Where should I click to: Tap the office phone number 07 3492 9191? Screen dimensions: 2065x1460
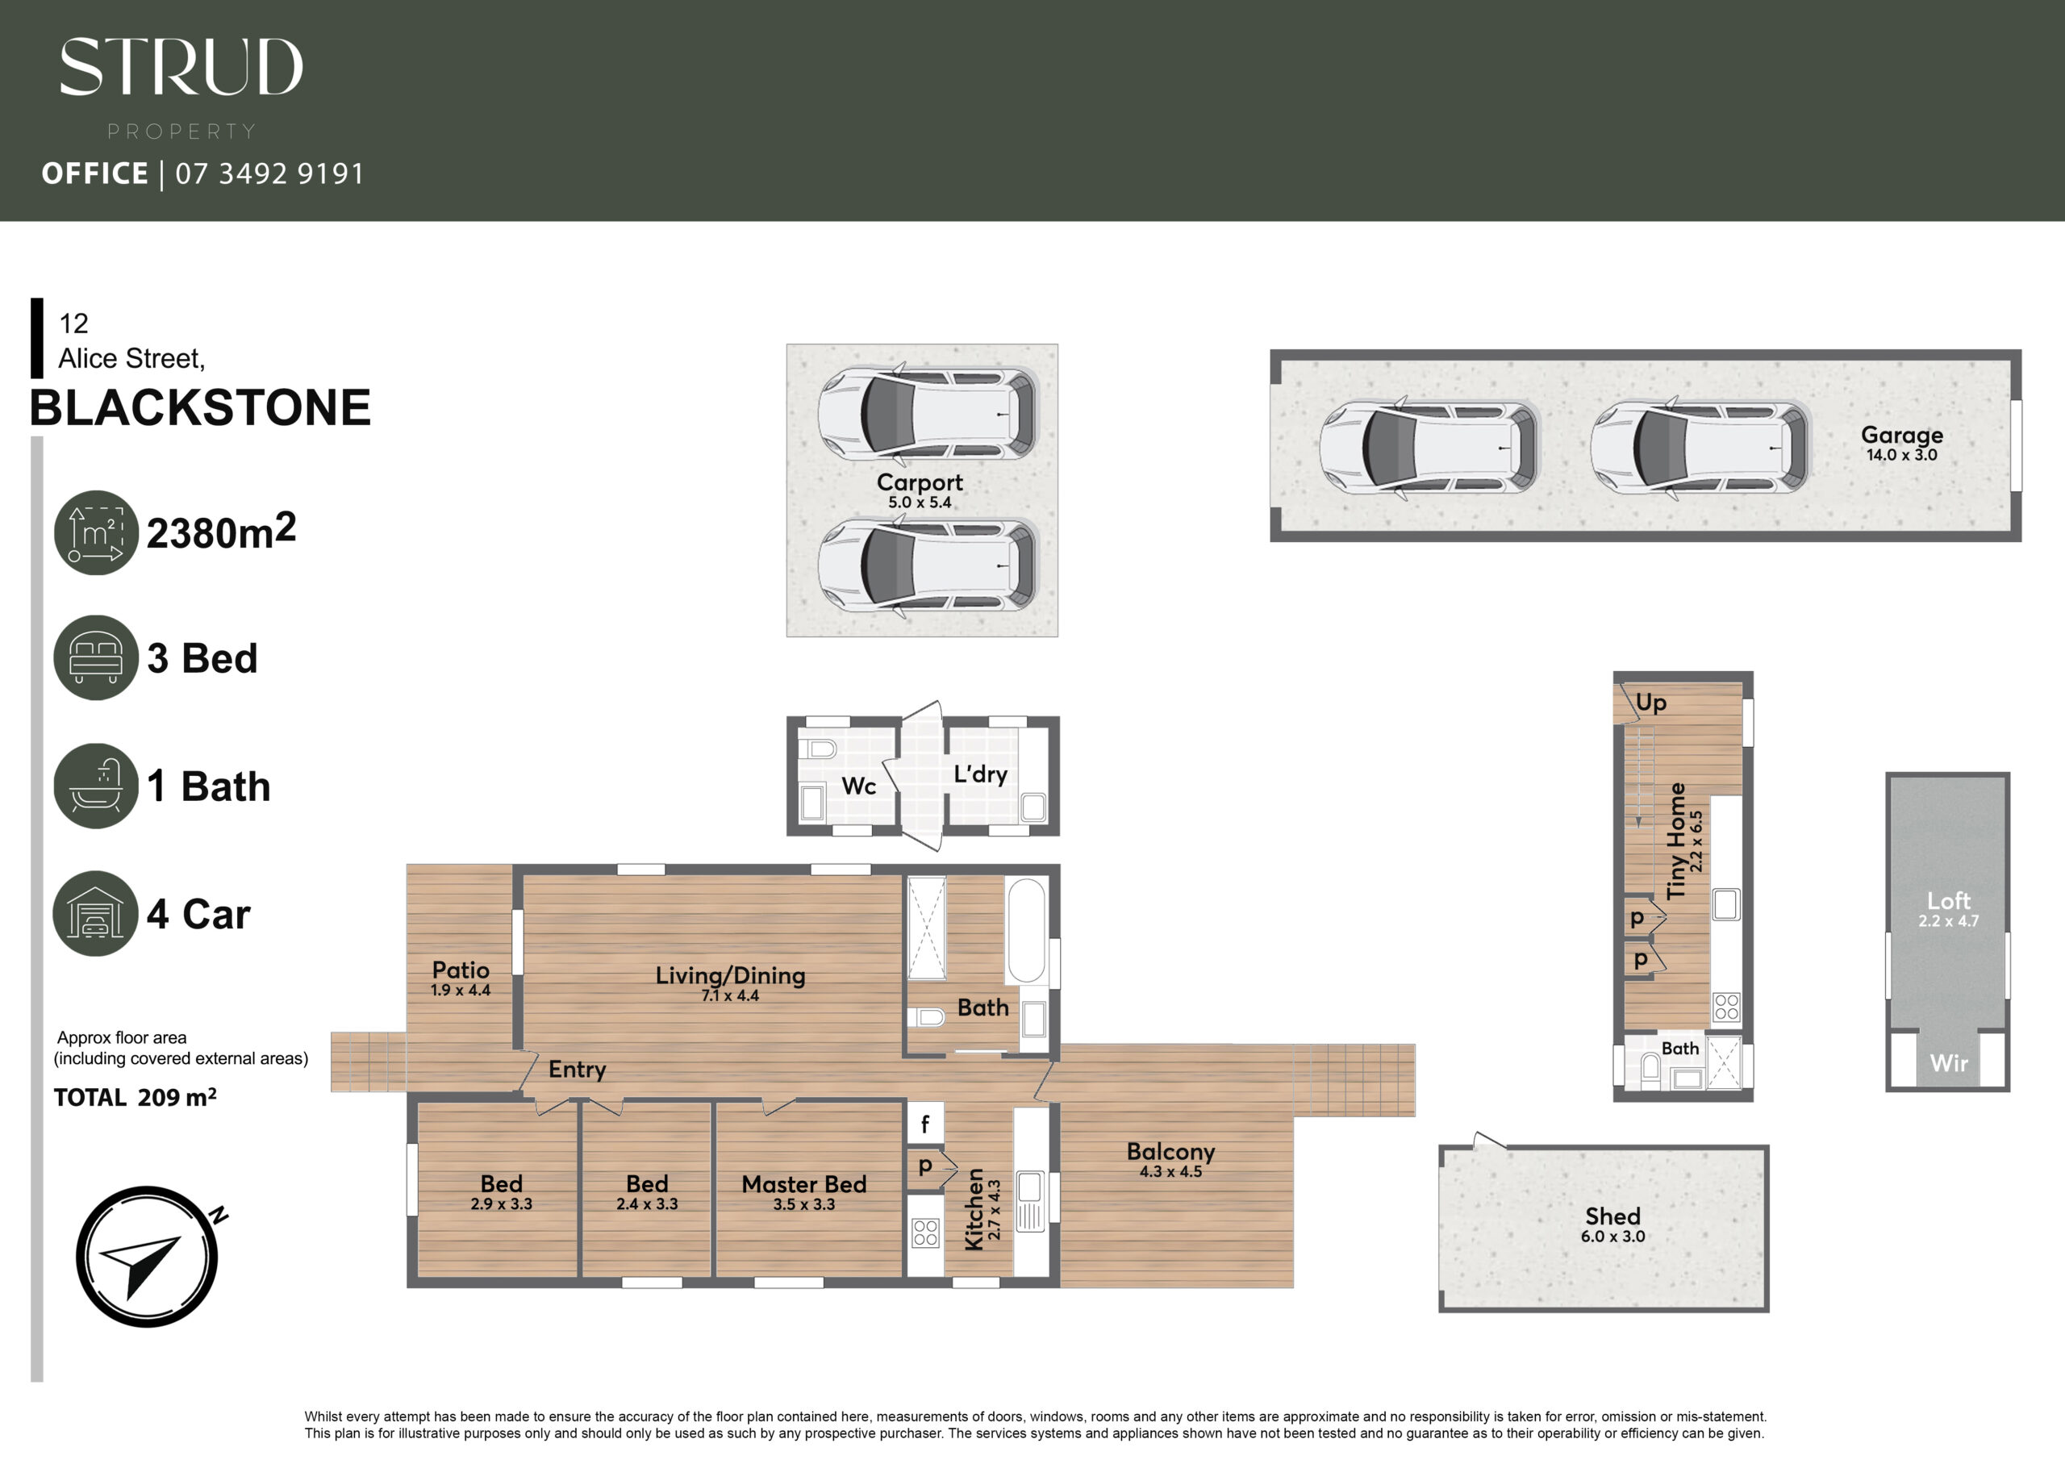coord(269,173)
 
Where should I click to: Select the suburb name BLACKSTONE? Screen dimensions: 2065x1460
coord(201,407)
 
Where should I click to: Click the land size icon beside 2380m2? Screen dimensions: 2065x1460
coord(96,532)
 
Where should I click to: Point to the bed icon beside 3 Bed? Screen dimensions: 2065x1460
coord(96,657)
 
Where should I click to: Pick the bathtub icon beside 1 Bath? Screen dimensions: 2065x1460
coord(96,786)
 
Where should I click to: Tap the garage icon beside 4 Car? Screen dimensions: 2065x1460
coord(96,913)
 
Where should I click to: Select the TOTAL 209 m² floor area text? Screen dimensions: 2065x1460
coord(135,1098)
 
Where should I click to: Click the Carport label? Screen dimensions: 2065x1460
coord(920,482)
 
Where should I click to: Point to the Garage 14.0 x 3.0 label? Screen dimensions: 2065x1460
coord(1901,443)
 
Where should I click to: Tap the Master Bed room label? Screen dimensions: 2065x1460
coord(804,1184)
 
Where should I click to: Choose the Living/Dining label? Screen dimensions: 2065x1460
coord(730,976)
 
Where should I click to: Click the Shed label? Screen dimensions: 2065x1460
coord(1612,1216)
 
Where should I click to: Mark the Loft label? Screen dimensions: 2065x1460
coord(1948,900)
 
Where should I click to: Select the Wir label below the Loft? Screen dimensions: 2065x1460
coord(1948,1063)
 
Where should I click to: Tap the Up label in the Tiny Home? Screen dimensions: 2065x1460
coord(1650,703)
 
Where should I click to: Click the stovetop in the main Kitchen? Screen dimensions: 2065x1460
coord(925,1233)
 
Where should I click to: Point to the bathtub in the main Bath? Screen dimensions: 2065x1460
coord(1026,930)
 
